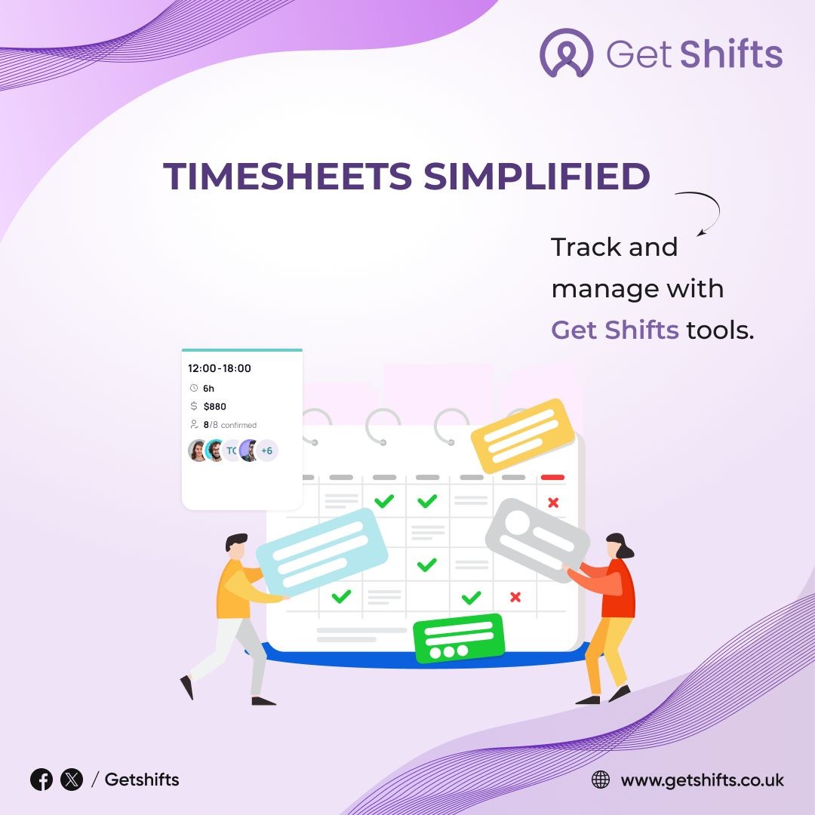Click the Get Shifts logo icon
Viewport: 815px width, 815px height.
pyautogui.click(x=566, y=53)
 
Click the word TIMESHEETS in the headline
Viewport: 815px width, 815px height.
pyautogui.click(x=288, y=176)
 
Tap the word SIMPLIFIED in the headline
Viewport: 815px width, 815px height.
pyautogui.click(x=537, y=176)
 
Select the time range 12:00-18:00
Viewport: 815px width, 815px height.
pyautogui.click(x=220, y=368)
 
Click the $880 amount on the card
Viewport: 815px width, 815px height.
pyautogui.click(x=214, y=407)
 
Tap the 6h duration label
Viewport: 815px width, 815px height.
pyautogui.click(x=208, y=389)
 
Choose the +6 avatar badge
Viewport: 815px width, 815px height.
pyautogui.click(x=266, y=451)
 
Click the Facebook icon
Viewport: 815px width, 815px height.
pyautogui.click(x=42, y=780)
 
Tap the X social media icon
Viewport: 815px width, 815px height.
pyautogui.click(x=72, y=780)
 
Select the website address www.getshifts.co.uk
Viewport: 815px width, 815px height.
pyautogui.click(x=703, y=780)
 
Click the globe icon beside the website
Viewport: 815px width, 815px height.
pyautogui.click(x=601, y=780)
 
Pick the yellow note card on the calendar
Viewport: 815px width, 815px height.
pyautogui.click(x=522, y=435)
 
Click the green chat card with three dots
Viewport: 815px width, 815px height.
pyautogui.click(x=459, y=638)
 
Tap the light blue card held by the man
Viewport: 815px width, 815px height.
pyautogui.click(x=322, y=552)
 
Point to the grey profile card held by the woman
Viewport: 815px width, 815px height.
pyautogui.click(x=537, y=540)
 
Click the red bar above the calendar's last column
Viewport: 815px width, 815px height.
pyautogui.click(x=552, y=477)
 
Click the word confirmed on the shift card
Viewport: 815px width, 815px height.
pyautogui.click(x=238, y=425)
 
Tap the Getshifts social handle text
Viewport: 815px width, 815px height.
pyautogui.click(x=142, y=780)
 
